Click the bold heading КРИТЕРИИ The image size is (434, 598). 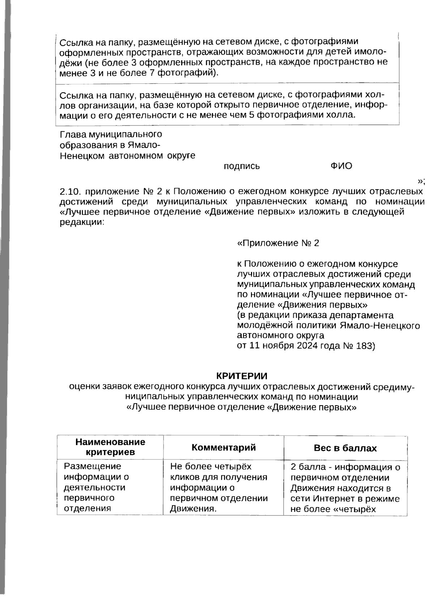[242, 376]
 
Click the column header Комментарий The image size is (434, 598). [224, 447]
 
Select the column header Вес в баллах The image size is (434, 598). [345, 448]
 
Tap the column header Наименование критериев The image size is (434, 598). [110, 447]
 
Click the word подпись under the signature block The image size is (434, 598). [242, 166]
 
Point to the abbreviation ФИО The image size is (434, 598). [341, 166]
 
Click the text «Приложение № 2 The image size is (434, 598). [278, 243]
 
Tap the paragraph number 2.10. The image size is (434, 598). [71, 191]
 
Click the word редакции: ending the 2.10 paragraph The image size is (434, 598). [82, 222]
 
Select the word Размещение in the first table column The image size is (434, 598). [93, 466]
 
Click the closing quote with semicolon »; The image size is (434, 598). [421, 181]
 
